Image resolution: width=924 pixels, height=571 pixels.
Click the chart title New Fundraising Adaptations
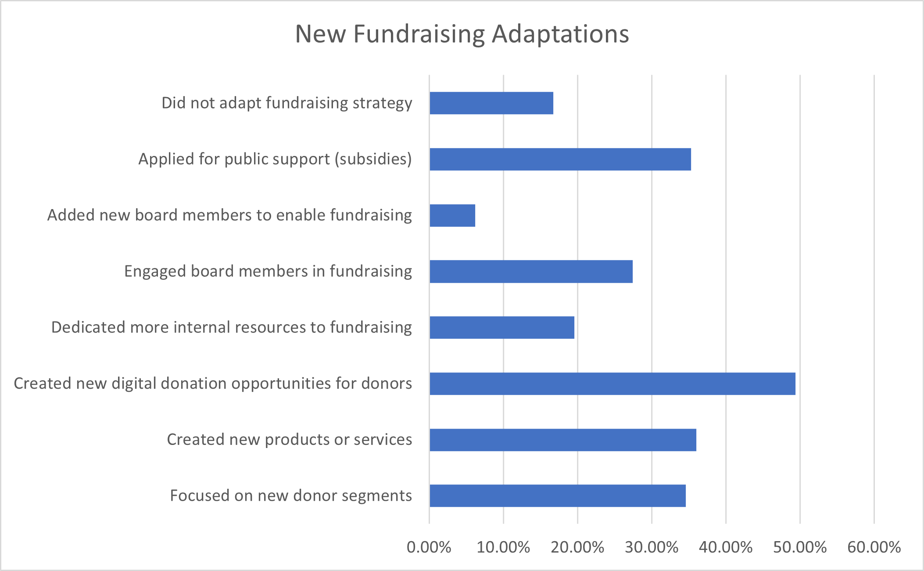[462, 34]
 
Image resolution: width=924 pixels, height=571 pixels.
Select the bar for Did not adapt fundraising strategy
[491, 103]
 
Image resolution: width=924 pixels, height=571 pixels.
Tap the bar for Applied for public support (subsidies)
[560, 159]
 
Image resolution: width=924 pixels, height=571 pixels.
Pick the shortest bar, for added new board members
[452, 215]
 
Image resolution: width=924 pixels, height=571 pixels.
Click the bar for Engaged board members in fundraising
[531, 271]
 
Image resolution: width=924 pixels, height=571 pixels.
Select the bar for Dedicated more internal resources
[502, 328]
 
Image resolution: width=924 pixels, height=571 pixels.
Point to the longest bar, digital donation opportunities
[612, 383]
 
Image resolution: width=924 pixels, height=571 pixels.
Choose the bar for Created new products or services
[563, 440]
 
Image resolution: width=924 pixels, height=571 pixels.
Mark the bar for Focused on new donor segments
[558, 496]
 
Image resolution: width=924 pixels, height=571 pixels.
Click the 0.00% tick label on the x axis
[429, 547]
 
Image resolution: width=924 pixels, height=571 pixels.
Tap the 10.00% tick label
[503, 547]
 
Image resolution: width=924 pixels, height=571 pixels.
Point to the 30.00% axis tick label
[652, 547]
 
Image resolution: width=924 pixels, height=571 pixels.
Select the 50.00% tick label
[800, 547]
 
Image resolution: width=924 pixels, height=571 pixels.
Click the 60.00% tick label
[874, 547]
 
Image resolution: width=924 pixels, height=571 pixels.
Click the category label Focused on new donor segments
[291, 496]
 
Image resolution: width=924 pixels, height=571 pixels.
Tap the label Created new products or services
[290, 440]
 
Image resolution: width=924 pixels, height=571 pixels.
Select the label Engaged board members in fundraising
[268, 271]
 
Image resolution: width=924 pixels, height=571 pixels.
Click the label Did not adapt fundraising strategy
[287, 103]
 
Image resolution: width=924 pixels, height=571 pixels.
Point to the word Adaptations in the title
[560, 34]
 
